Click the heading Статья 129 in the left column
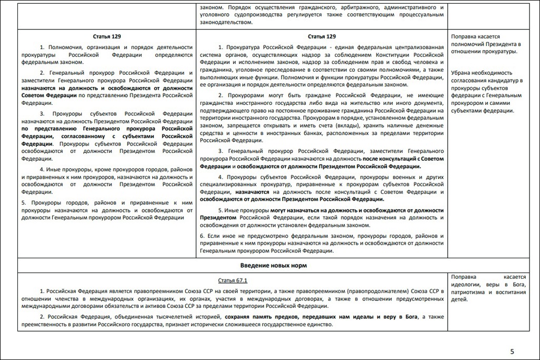point(107,36)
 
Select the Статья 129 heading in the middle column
point(322,36)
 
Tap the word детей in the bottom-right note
point(458,299)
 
